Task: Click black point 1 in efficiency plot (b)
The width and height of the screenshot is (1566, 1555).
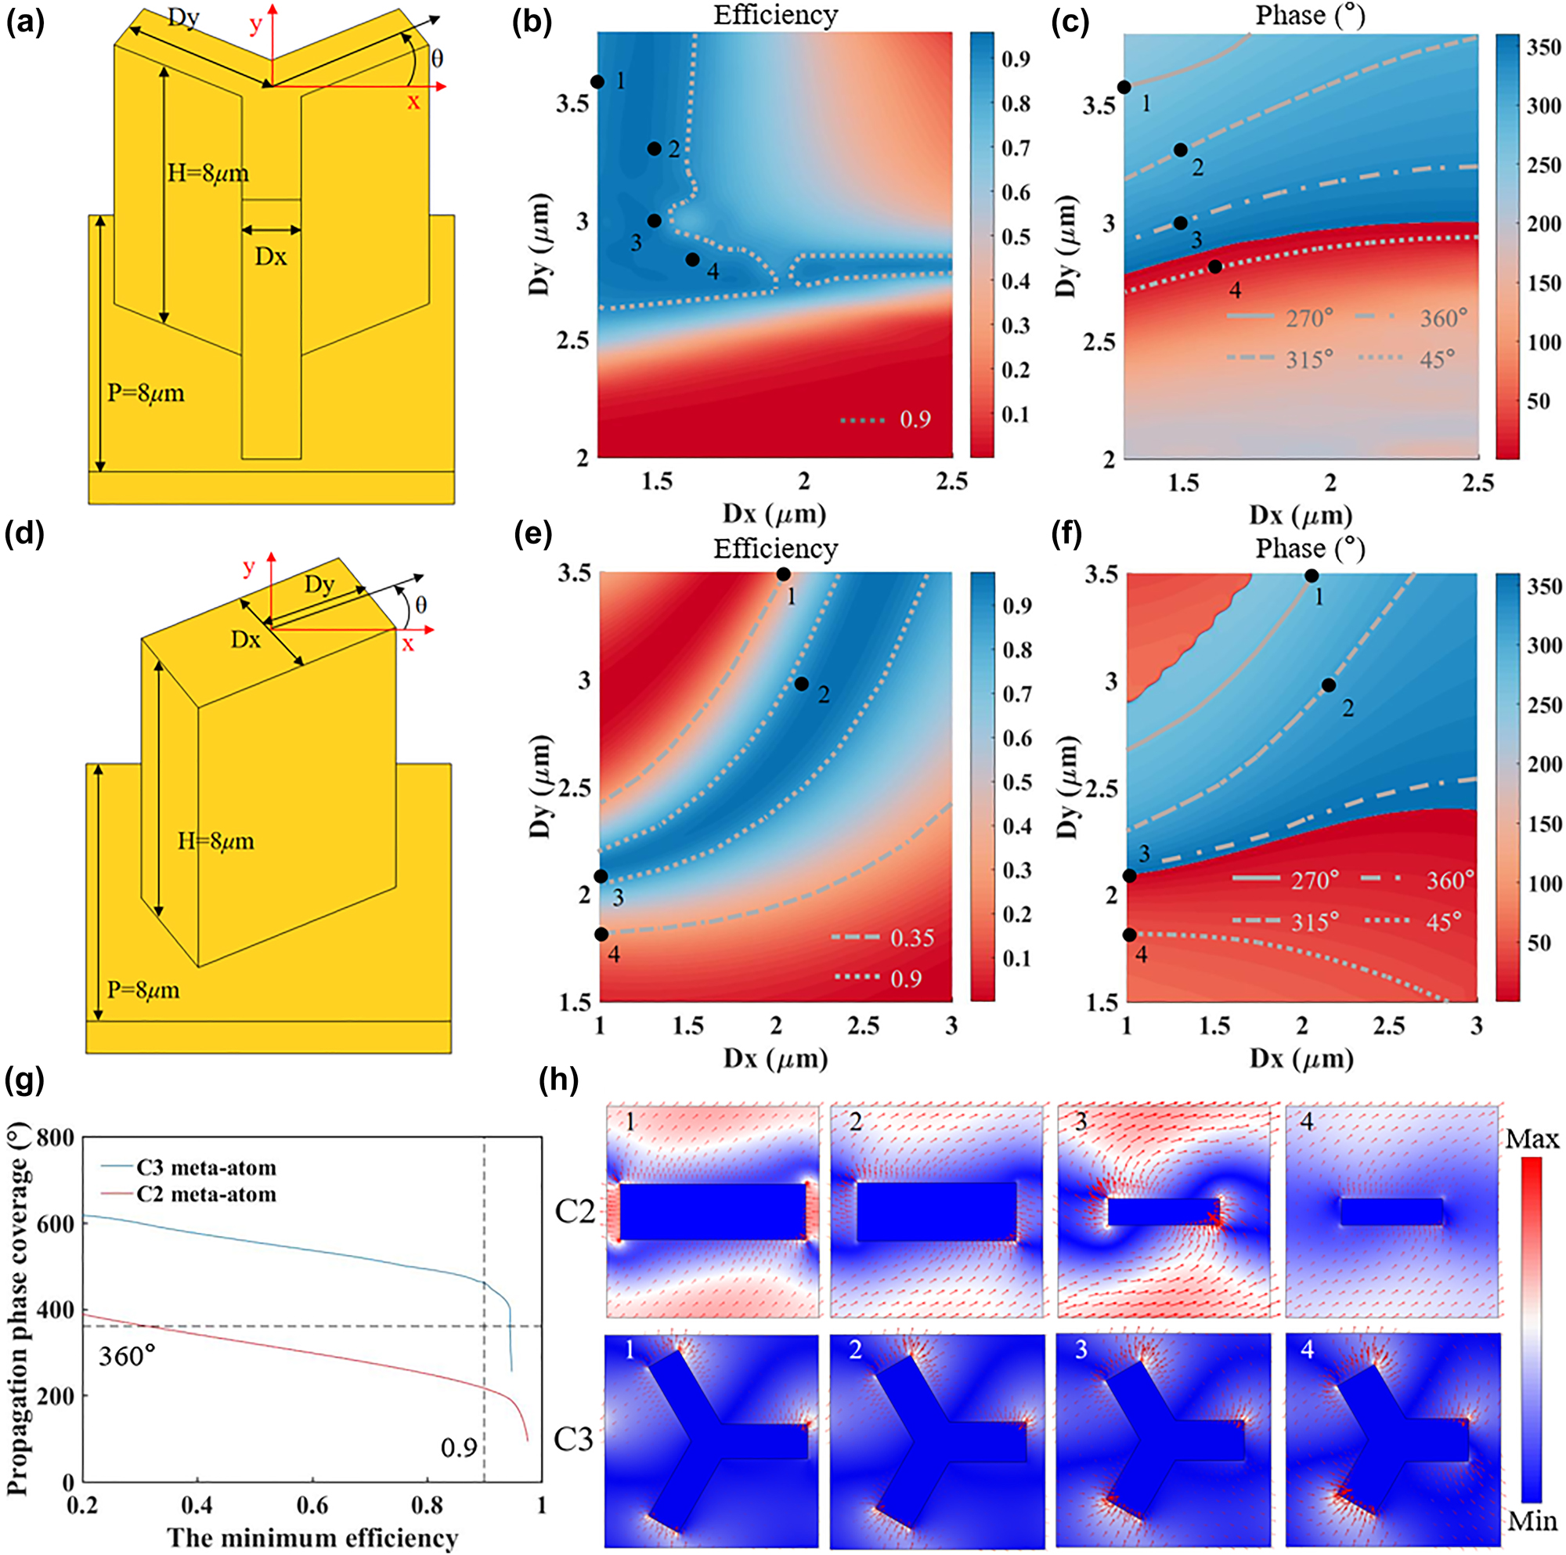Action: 597,82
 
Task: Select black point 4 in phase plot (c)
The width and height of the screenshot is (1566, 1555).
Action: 1215,266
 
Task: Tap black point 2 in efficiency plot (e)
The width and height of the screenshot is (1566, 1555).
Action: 802,684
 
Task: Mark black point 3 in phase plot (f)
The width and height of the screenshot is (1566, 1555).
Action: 1129,877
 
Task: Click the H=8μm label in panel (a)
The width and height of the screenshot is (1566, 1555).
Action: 208,173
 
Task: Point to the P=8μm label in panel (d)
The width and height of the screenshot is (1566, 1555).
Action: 144,991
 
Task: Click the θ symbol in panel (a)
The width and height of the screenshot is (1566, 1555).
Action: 437,59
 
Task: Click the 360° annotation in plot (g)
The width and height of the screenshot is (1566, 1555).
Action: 128,1355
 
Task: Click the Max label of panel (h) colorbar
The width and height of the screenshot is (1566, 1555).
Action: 1532,1139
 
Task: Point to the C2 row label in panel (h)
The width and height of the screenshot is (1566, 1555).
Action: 575,1212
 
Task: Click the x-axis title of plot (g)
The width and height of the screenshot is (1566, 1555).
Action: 312,1537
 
